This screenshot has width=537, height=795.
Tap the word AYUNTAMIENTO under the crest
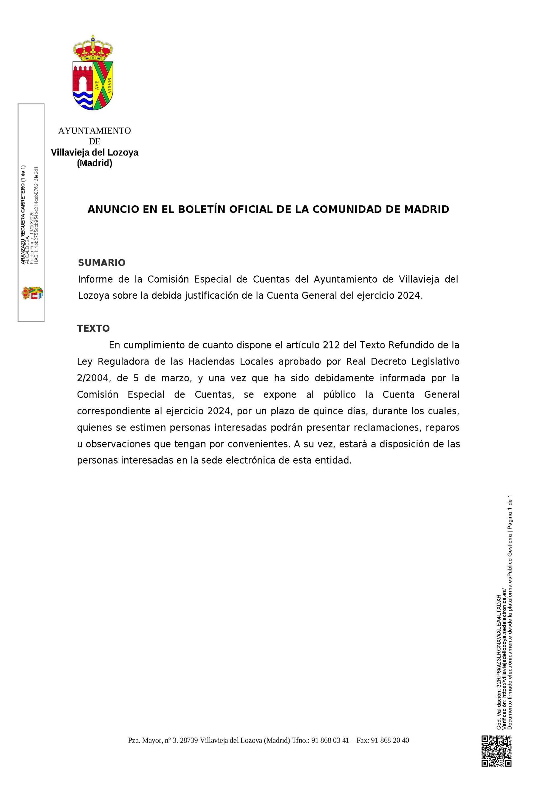pos(94,131)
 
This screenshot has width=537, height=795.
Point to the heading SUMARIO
pos(102,263)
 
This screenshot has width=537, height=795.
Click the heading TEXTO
pos(93,328)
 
